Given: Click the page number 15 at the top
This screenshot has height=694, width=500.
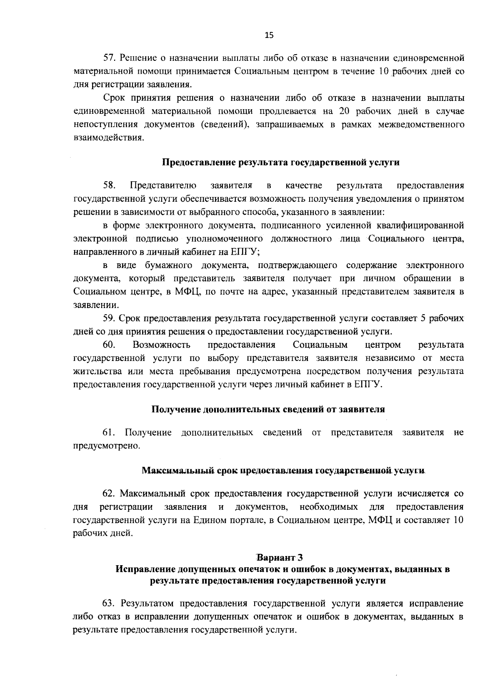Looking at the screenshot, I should pyautogui.click(x=269, y=35).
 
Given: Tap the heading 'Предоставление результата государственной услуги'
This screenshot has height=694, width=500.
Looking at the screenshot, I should pyautogui.click(x=280, y=163).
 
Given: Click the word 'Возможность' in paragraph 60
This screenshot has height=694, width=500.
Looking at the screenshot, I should pyautogui.click(x=162, y=345).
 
